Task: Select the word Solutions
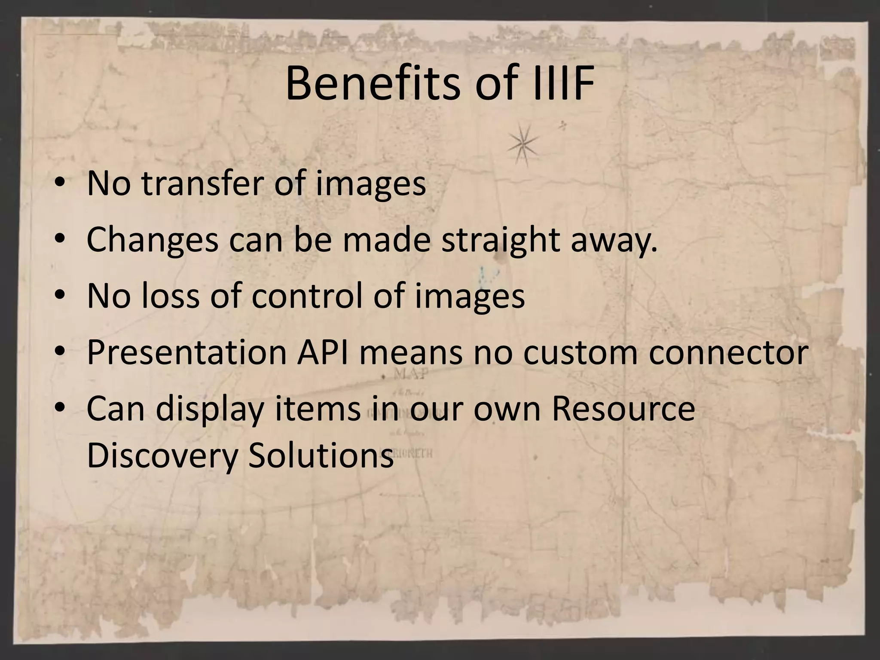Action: [321, 455]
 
